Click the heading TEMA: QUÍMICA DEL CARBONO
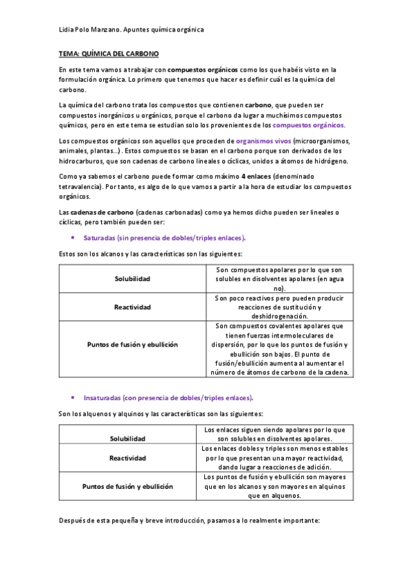[109, 53]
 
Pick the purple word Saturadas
[98, 238]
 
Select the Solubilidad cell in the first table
[132, 279]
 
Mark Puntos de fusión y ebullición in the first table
[132, 344]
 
